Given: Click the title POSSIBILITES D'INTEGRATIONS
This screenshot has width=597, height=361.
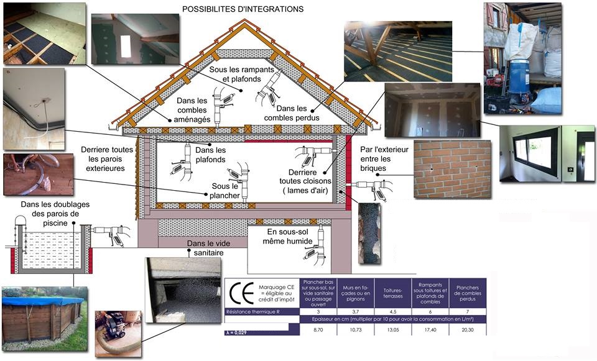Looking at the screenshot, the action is [243, 10].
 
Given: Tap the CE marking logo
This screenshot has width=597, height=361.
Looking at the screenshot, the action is [241, 293].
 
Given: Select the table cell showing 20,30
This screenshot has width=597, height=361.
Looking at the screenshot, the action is [467, 329].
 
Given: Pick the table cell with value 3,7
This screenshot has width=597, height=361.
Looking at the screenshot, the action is [356, 311].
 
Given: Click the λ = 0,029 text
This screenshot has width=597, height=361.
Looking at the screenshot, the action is [239, 334].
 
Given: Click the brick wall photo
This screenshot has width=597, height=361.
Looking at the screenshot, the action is [451, 169].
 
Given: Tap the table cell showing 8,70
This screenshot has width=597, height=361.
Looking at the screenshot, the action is [318, 329].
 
